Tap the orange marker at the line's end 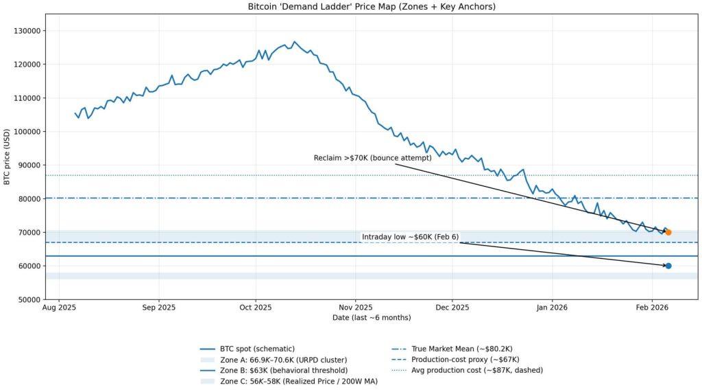(668, 232)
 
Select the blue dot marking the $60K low (668, 266)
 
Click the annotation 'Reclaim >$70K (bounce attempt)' (372, 158)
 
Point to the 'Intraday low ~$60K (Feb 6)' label (410, 237)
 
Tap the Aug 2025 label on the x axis (59, 308)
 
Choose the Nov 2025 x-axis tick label (355, 308)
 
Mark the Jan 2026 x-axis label (552, 308)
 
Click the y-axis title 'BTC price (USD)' (8, 157)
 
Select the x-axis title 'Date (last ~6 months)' (372, 318)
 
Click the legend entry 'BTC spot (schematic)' (258, 349)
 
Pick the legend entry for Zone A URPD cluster (283, 360)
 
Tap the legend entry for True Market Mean (463, 349)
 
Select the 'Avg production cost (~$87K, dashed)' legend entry (476, 370)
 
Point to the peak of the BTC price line (294, 42)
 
